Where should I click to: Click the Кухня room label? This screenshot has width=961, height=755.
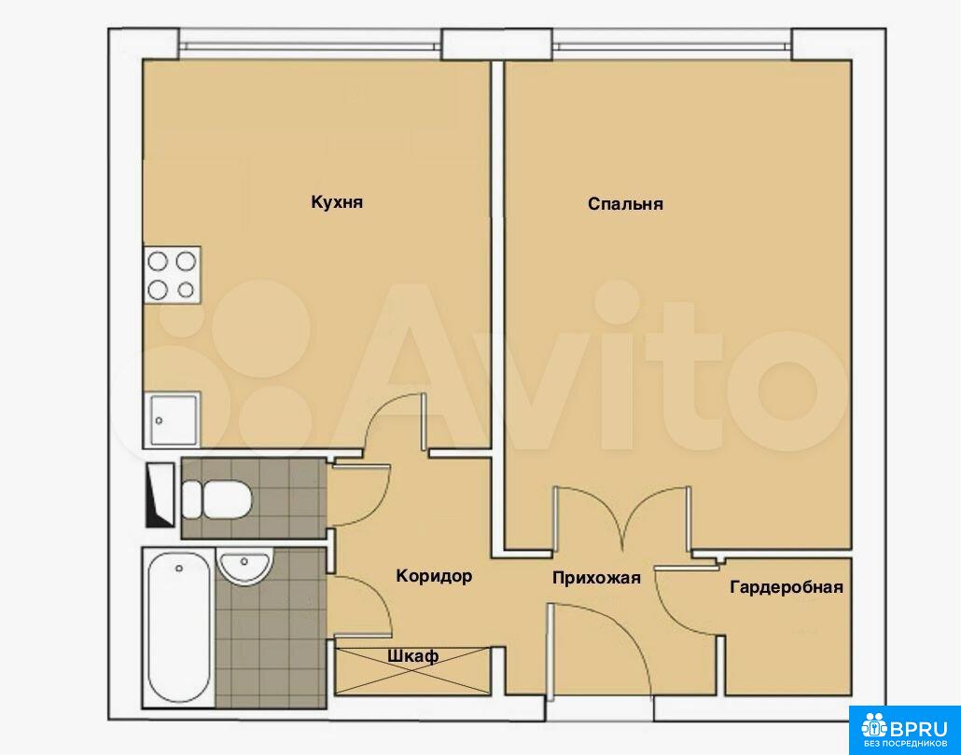pyautogui.click(x=337, y=202)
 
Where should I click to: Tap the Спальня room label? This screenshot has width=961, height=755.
pyautogui.click(x=625, y=203)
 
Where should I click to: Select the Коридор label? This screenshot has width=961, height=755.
pyautogui.click(x=434, y=576)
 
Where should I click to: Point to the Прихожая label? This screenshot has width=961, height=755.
pyautogui.click(x=596, y=577)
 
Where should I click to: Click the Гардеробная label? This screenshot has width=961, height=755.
pyautogui.click(x=787, y=587)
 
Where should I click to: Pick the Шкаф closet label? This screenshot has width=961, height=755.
pyautogui.click(x=413, y=656)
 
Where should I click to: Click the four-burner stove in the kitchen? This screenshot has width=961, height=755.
pyautogui.click(x=173, y=275)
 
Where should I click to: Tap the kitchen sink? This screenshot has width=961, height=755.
pyautogui.click(x=174, y=419)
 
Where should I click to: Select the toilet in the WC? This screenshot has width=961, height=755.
pyautogui.click(x=217, y=499)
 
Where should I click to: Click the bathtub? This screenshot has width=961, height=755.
pyautogui.click(x=178, y=628)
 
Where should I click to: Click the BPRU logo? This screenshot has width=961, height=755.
pyautogui.click(x=905, y=730)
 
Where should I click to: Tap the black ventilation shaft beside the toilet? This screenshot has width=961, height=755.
pyautogui.click(x=160, y=495)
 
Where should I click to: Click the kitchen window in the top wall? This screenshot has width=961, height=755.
pyautogui.click(x=310, y=46)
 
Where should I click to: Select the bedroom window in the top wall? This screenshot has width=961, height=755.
pyautogui.click(x=671, y=46)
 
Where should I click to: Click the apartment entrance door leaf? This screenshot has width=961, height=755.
pyautogui.click(x=551, y=650)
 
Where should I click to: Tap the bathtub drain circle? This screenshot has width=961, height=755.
pyautogui.click(x=179, y=569)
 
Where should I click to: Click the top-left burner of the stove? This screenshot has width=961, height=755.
pyautogui.click(x=158, y=262)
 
